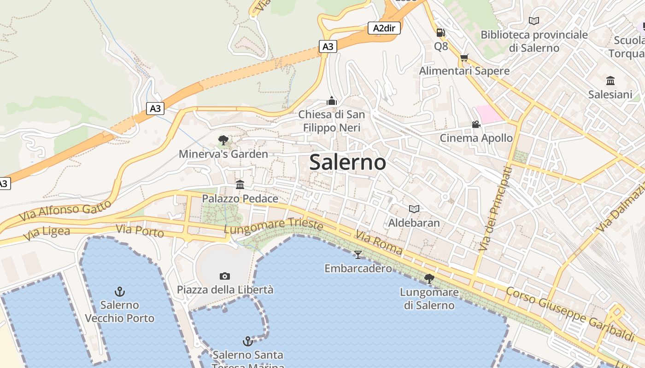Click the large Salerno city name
347,162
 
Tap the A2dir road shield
384,28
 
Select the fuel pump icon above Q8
441,33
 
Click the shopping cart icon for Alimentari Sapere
464,57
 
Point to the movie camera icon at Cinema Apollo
476,125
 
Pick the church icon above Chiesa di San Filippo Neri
331,101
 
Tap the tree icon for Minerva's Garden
223,140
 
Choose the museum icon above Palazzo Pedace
240,185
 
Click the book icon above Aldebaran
414,209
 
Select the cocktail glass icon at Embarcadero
358,254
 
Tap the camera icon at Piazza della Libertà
225,276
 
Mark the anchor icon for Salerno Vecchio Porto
120,291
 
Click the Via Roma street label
379,243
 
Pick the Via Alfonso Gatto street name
65,210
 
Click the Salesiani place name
610,95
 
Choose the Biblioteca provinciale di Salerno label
534,41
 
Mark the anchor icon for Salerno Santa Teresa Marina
248,341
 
